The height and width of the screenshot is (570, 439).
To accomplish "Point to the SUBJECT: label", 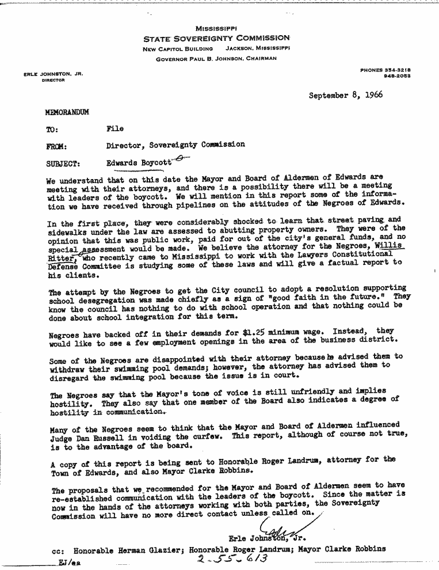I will (x=63, y=163).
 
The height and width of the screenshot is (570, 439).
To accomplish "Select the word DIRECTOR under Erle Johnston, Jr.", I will (x=52, y=81).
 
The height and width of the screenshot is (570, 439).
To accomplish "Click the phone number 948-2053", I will (x=404, y=76).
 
